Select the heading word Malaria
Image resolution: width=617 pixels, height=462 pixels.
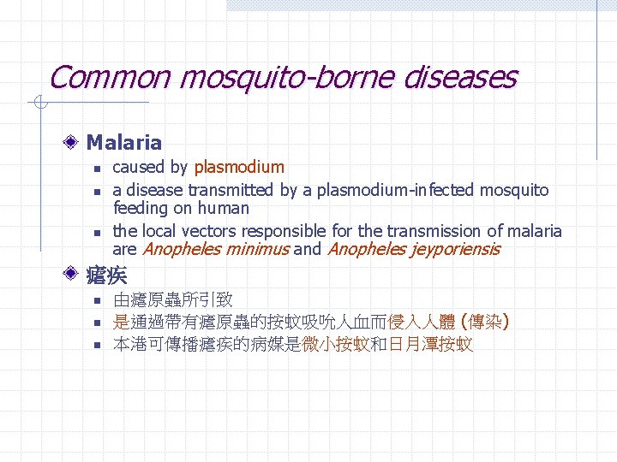(124, 142)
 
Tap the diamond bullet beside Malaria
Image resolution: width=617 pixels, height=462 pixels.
(75, 142)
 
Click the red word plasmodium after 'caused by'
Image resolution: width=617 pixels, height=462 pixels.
(239, 167)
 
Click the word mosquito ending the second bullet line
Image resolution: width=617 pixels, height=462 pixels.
(513, 190)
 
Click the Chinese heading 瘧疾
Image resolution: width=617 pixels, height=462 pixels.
(107, 275)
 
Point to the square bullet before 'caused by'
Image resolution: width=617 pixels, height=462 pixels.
(99, 168)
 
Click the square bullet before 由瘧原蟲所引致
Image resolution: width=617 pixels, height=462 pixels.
(99, 301)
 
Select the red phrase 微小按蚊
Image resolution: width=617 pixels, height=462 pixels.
(336, 345)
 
